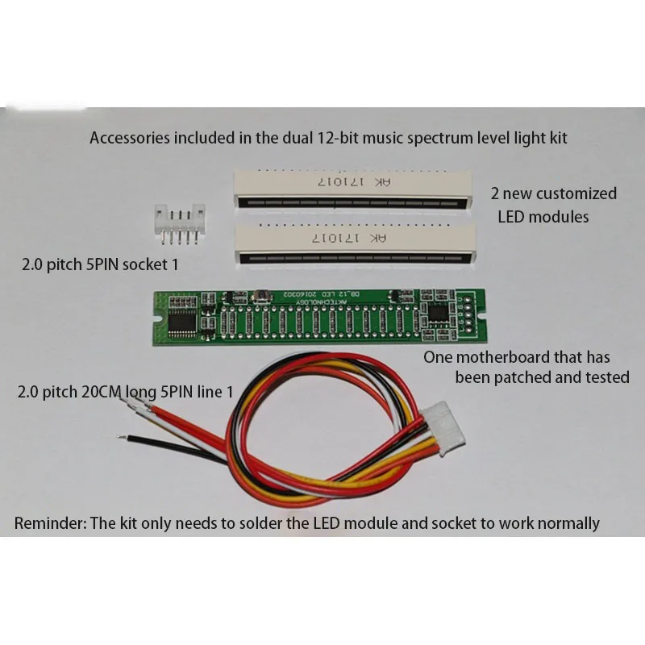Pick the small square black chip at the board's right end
click(x=440, y=313)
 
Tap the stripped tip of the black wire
click(x=123, y=438)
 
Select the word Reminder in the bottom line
click(x=49, y=523)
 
